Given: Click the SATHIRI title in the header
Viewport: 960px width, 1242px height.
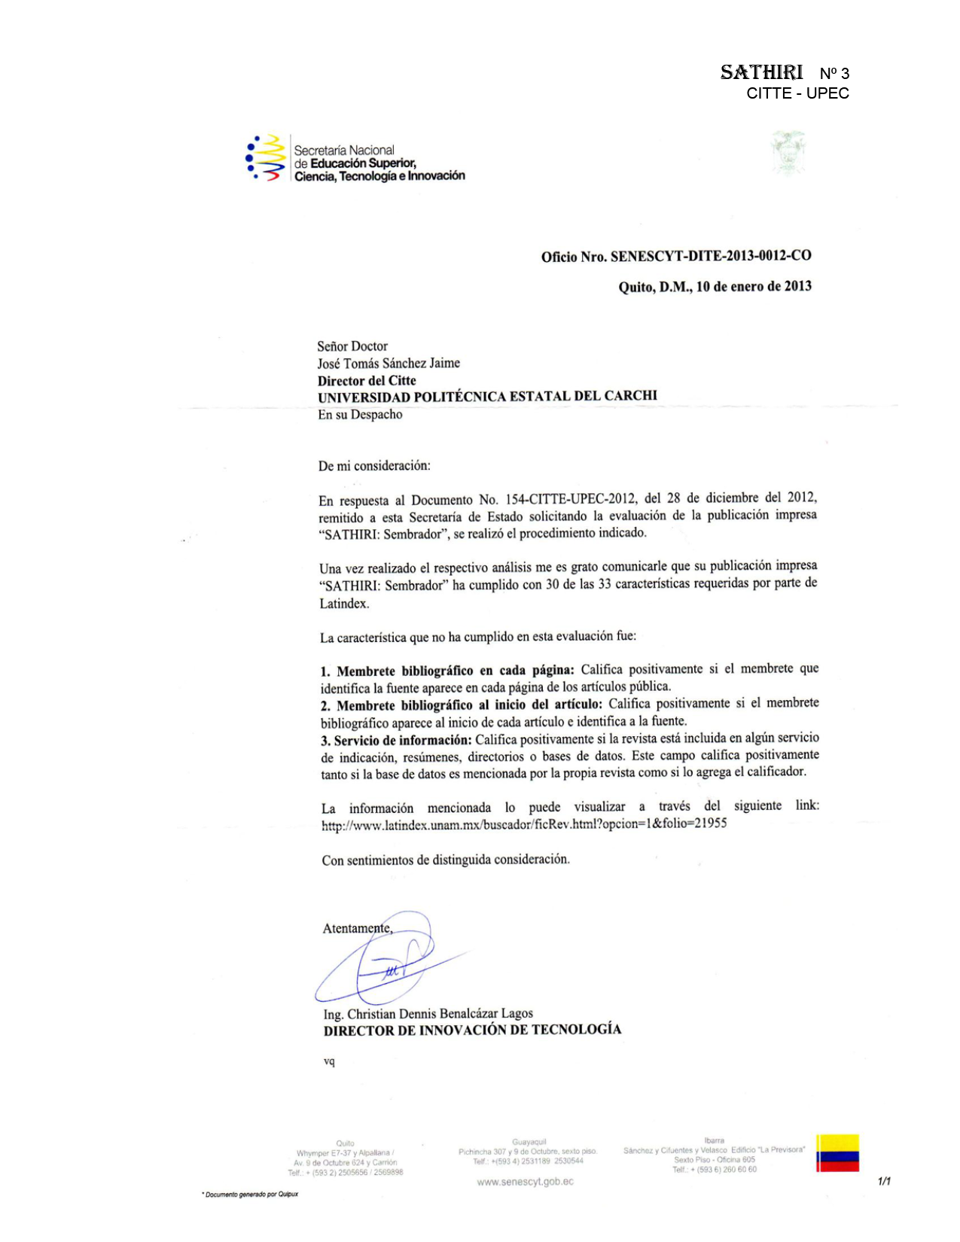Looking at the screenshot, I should click(x=761, y=72).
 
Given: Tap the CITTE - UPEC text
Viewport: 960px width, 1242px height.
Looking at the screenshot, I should click(x=797, y=93).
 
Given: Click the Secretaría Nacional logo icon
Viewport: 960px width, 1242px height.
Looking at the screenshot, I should click(x=266, y=157).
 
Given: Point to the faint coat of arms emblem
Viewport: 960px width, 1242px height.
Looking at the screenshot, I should click(x=788, y=153).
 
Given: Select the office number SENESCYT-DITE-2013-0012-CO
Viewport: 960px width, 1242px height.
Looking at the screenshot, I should click(x=711, y=256).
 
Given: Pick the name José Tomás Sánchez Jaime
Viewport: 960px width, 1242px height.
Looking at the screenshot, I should click(x=388, y=363).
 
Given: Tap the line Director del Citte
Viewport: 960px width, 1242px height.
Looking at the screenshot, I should click(x=367, y=380).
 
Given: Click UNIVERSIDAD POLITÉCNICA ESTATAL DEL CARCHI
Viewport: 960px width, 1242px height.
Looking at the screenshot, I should click(x=487, y=397).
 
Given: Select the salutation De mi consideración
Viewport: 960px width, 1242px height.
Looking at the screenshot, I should click(x=374, y=466).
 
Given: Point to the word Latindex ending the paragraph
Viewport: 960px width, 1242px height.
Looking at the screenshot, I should click(x=343, y=604).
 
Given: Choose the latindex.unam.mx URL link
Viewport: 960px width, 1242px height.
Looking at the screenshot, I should click(x=524, y=824).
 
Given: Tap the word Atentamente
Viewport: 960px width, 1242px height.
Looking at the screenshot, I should click(x=357, y=928).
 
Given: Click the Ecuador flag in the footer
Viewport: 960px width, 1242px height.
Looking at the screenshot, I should click(x=837, y=1152).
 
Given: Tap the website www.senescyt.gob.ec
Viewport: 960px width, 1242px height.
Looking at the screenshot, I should click(x=525, y=1182).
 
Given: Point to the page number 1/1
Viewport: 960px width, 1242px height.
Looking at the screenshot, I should click(x=884, y=1181).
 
